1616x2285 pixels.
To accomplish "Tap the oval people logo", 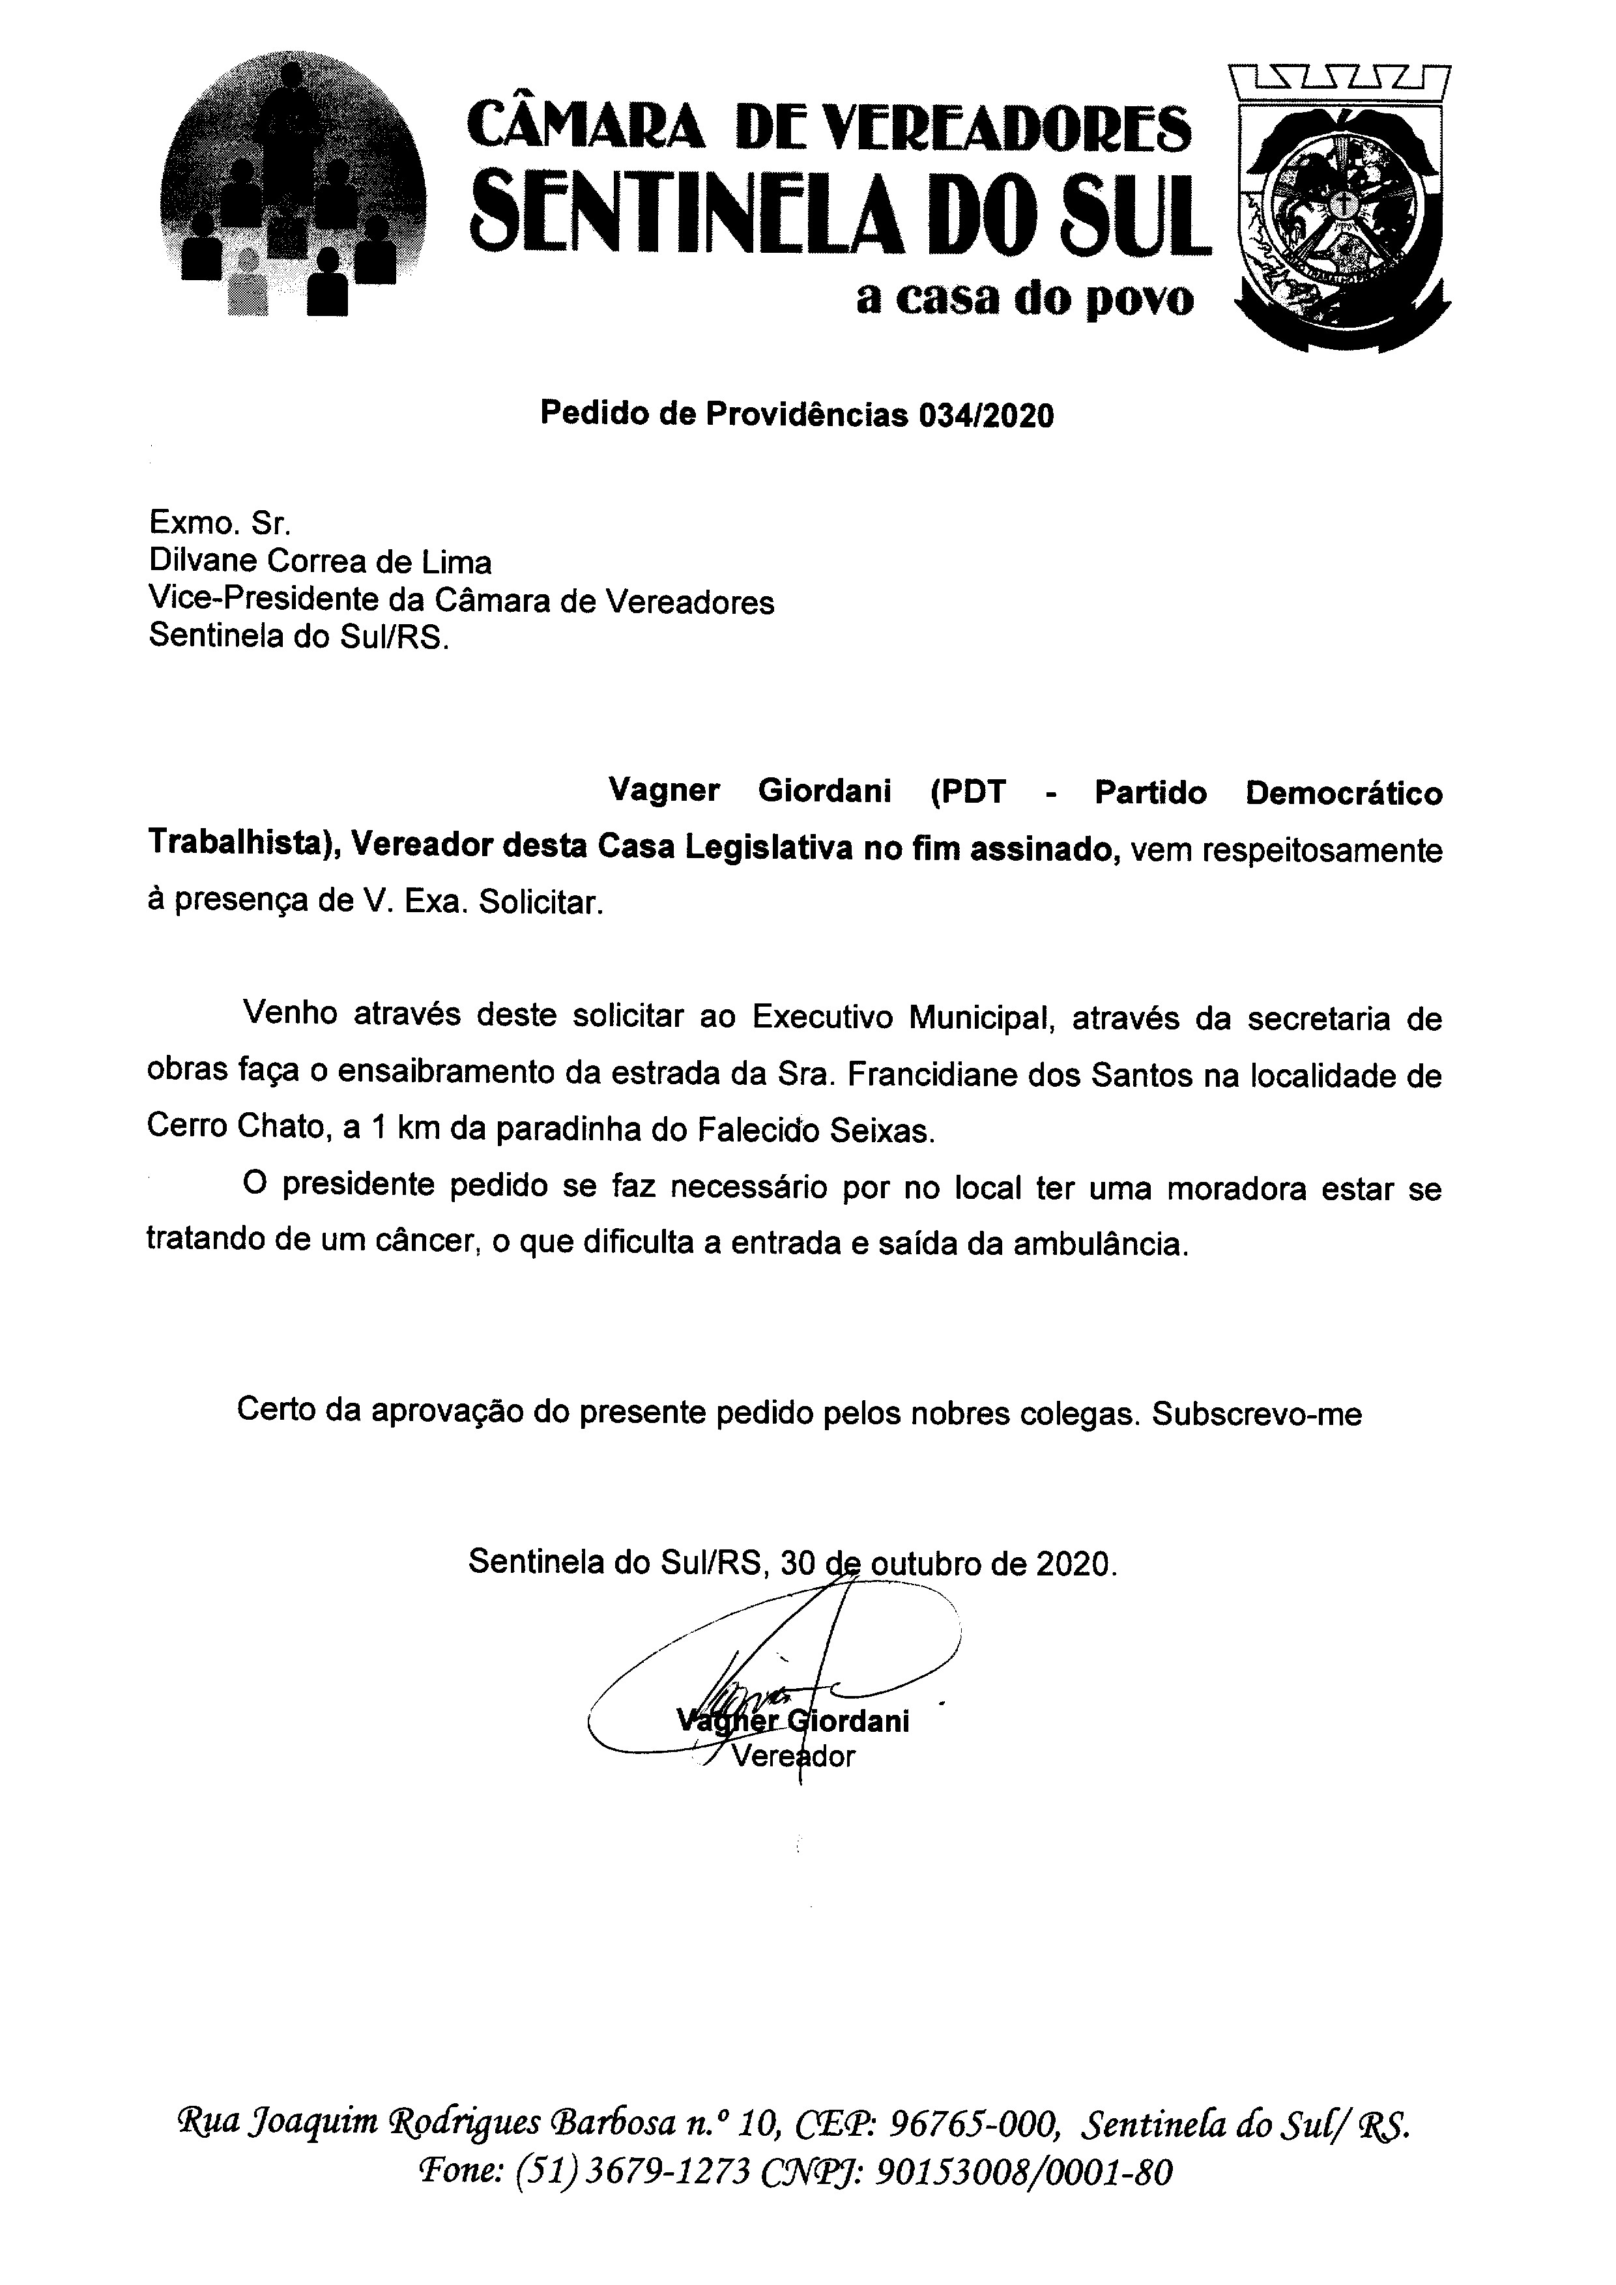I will click(293, 189).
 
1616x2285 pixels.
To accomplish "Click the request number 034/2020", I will click(985, 414).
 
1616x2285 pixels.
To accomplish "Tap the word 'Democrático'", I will click(1344, 792).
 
